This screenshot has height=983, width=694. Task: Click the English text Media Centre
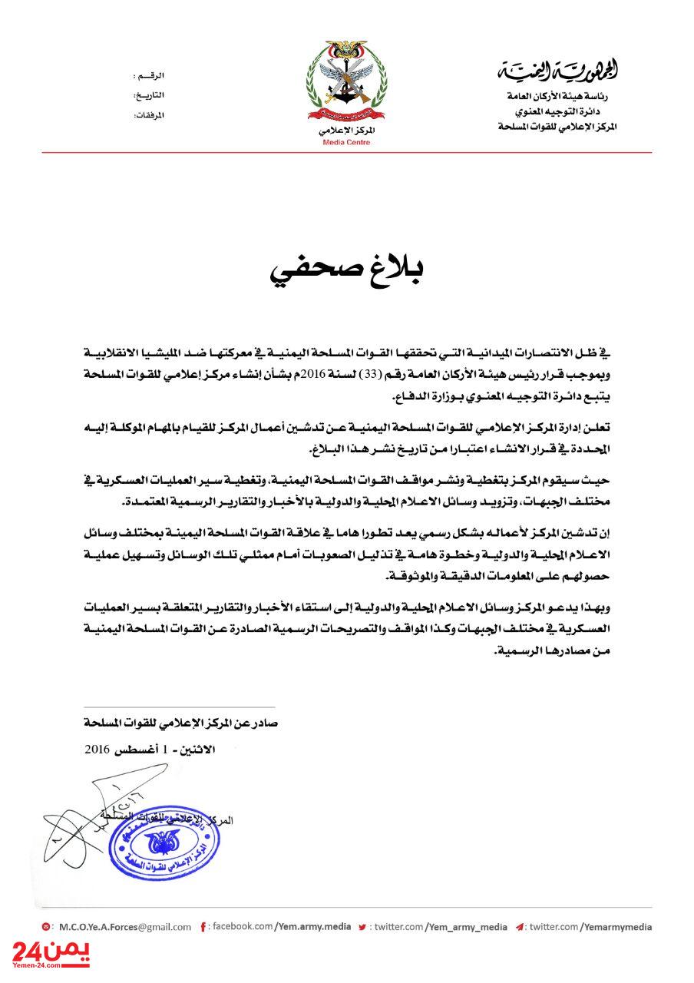pyautogui.click(x=346, y=143)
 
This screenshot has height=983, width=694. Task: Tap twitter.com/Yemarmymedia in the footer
pyautogui.click(x=590, y=927)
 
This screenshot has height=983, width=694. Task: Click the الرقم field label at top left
pyautogui.click(x=150, y=77)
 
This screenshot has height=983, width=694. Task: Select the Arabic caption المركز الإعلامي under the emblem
pyautogui.click(x=346, y=131)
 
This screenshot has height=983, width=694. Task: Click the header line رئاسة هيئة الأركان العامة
pyautogui.click(x=561, y=98)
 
